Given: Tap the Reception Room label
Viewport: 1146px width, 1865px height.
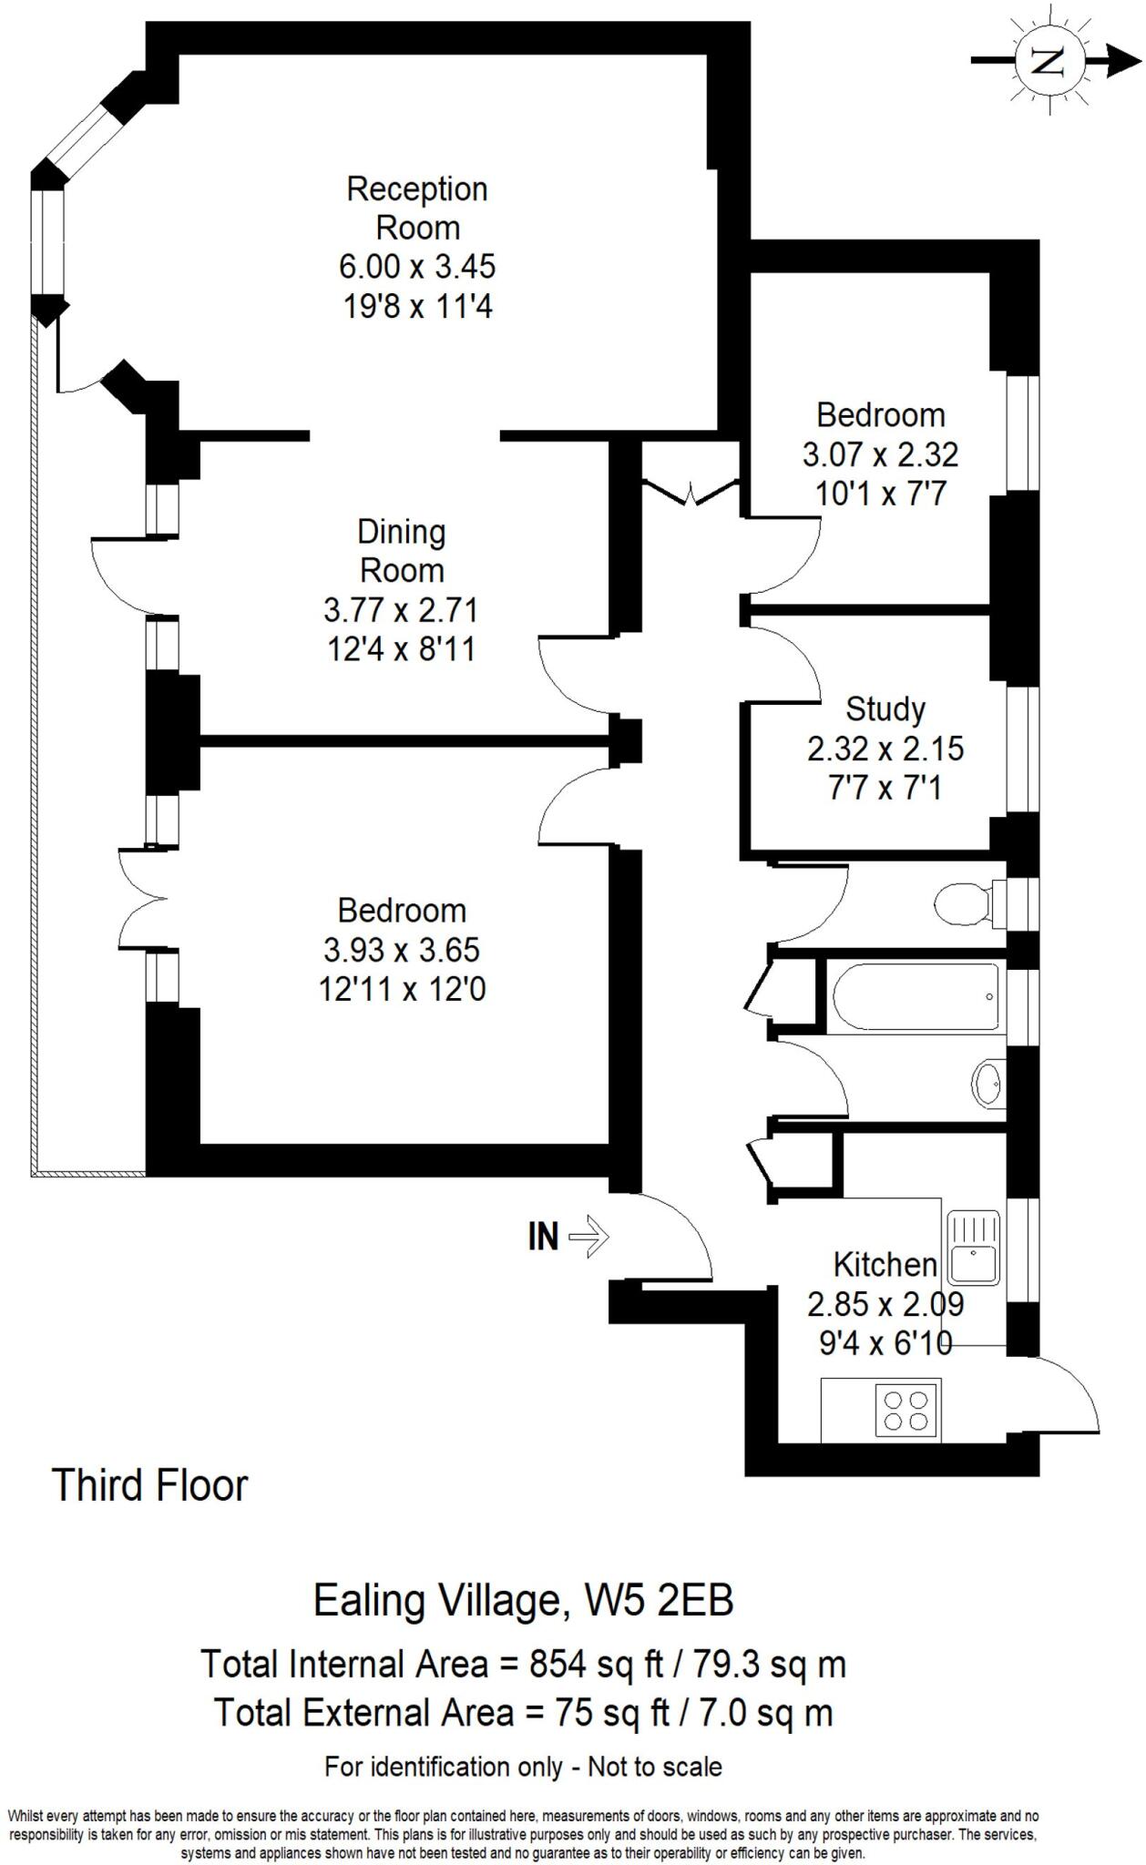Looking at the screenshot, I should [x=417, y=208].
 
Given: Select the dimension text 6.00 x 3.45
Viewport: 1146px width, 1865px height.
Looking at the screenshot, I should [x=417, y=267].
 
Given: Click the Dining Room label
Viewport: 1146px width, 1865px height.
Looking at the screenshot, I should [x=402, y=551].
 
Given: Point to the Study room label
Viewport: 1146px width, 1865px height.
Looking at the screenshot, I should [x=885, y=708].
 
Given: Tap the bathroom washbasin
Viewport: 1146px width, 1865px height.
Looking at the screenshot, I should [x=987, y=1084].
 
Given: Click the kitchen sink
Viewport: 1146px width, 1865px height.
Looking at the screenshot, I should [x=973, y=1247].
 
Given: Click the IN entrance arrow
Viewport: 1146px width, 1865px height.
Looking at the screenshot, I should [x=588, y=1237].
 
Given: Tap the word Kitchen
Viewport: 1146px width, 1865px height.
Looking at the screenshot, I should [x=885, y=1264].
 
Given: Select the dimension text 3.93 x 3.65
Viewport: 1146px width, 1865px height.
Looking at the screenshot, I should [x=402, y=950].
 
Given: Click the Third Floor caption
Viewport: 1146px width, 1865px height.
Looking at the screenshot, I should [x=150, y=1485].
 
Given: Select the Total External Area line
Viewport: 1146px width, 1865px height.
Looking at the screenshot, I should [x=523, y=1713].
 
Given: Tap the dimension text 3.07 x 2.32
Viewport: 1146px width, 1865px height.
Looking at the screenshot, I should [x=880, y=454].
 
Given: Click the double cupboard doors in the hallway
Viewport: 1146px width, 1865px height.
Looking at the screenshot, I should [x=690, y=492].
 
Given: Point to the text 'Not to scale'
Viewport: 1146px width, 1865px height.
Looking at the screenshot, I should [x=654, y=1768].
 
